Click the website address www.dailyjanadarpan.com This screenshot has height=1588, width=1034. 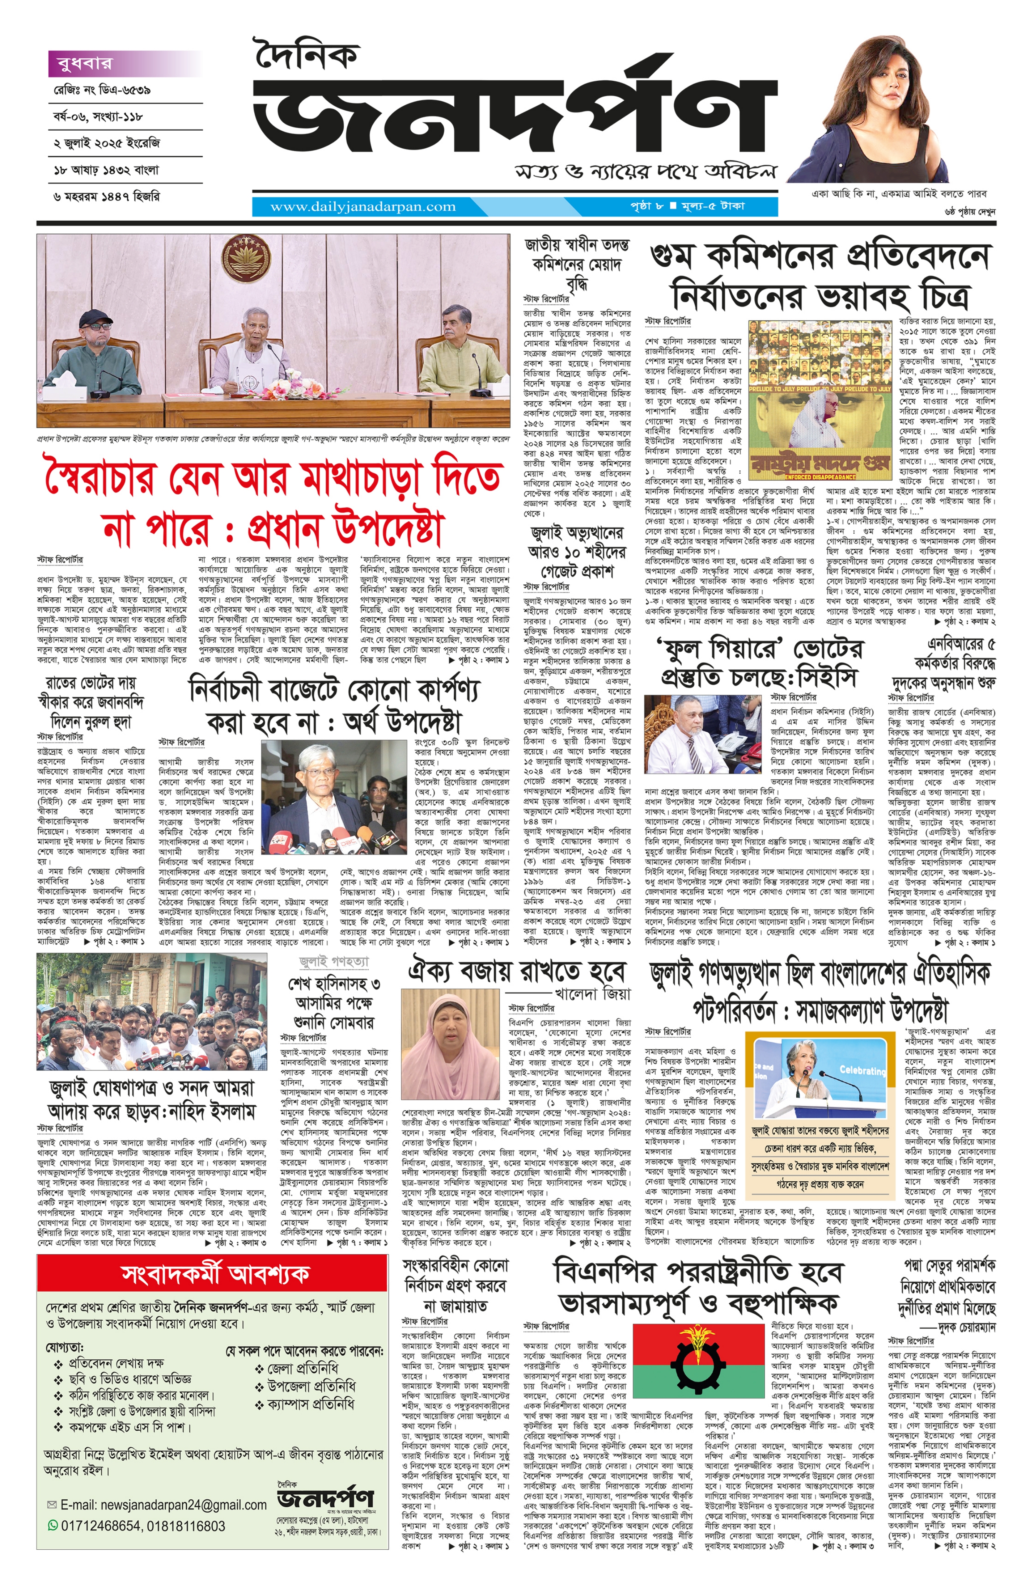click(363, 207)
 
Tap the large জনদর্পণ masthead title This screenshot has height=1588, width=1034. click(514, 117)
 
